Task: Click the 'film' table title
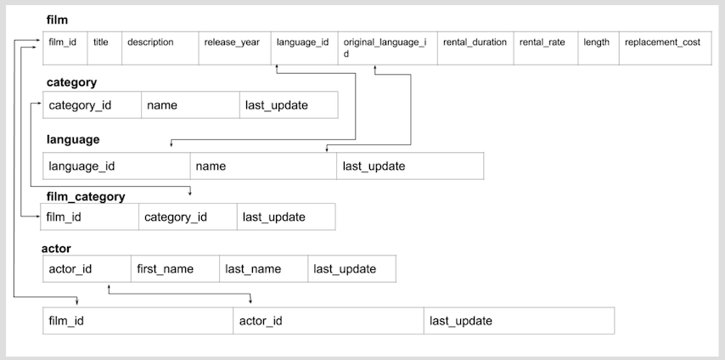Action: tap(57, 20)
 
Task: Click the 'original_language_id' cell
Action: tap(386, 47)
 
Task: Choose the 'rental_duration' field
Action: tap(475, 42)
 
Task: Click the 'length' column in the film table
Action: tap(598, 42)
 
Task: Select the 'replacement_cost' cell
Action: tap(663, 42)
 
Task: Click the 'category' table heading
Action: tap(71, 82)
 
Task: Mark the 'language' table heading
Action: tap(73, 139)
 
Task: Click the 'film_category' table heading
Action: tap(86, 196)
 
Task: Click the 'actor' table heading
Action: tap(56, 248)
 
